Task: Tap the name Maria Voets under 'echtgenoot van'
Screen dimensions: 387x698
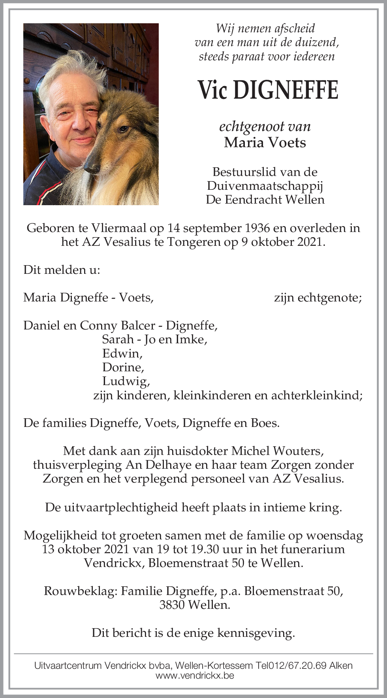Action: [x=265, y=142]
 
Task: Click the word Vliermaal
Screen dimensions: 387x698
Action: [x=119, y=228]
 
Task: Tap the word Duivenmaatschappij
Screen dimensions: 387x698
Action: [x=265, y=186]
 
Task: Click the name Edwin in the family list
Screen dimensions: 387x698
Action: [x=122, y=353]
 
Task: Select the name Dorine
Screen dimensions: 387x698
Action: [x=123, y=367]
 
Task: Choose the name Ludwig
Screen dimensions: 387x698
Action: [x=126, y=381]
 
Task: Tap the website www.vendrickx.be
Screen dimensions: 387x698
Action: [x=195, y=675]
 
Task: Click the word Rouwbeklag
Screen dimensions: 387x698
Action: [x=80, y=591]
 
